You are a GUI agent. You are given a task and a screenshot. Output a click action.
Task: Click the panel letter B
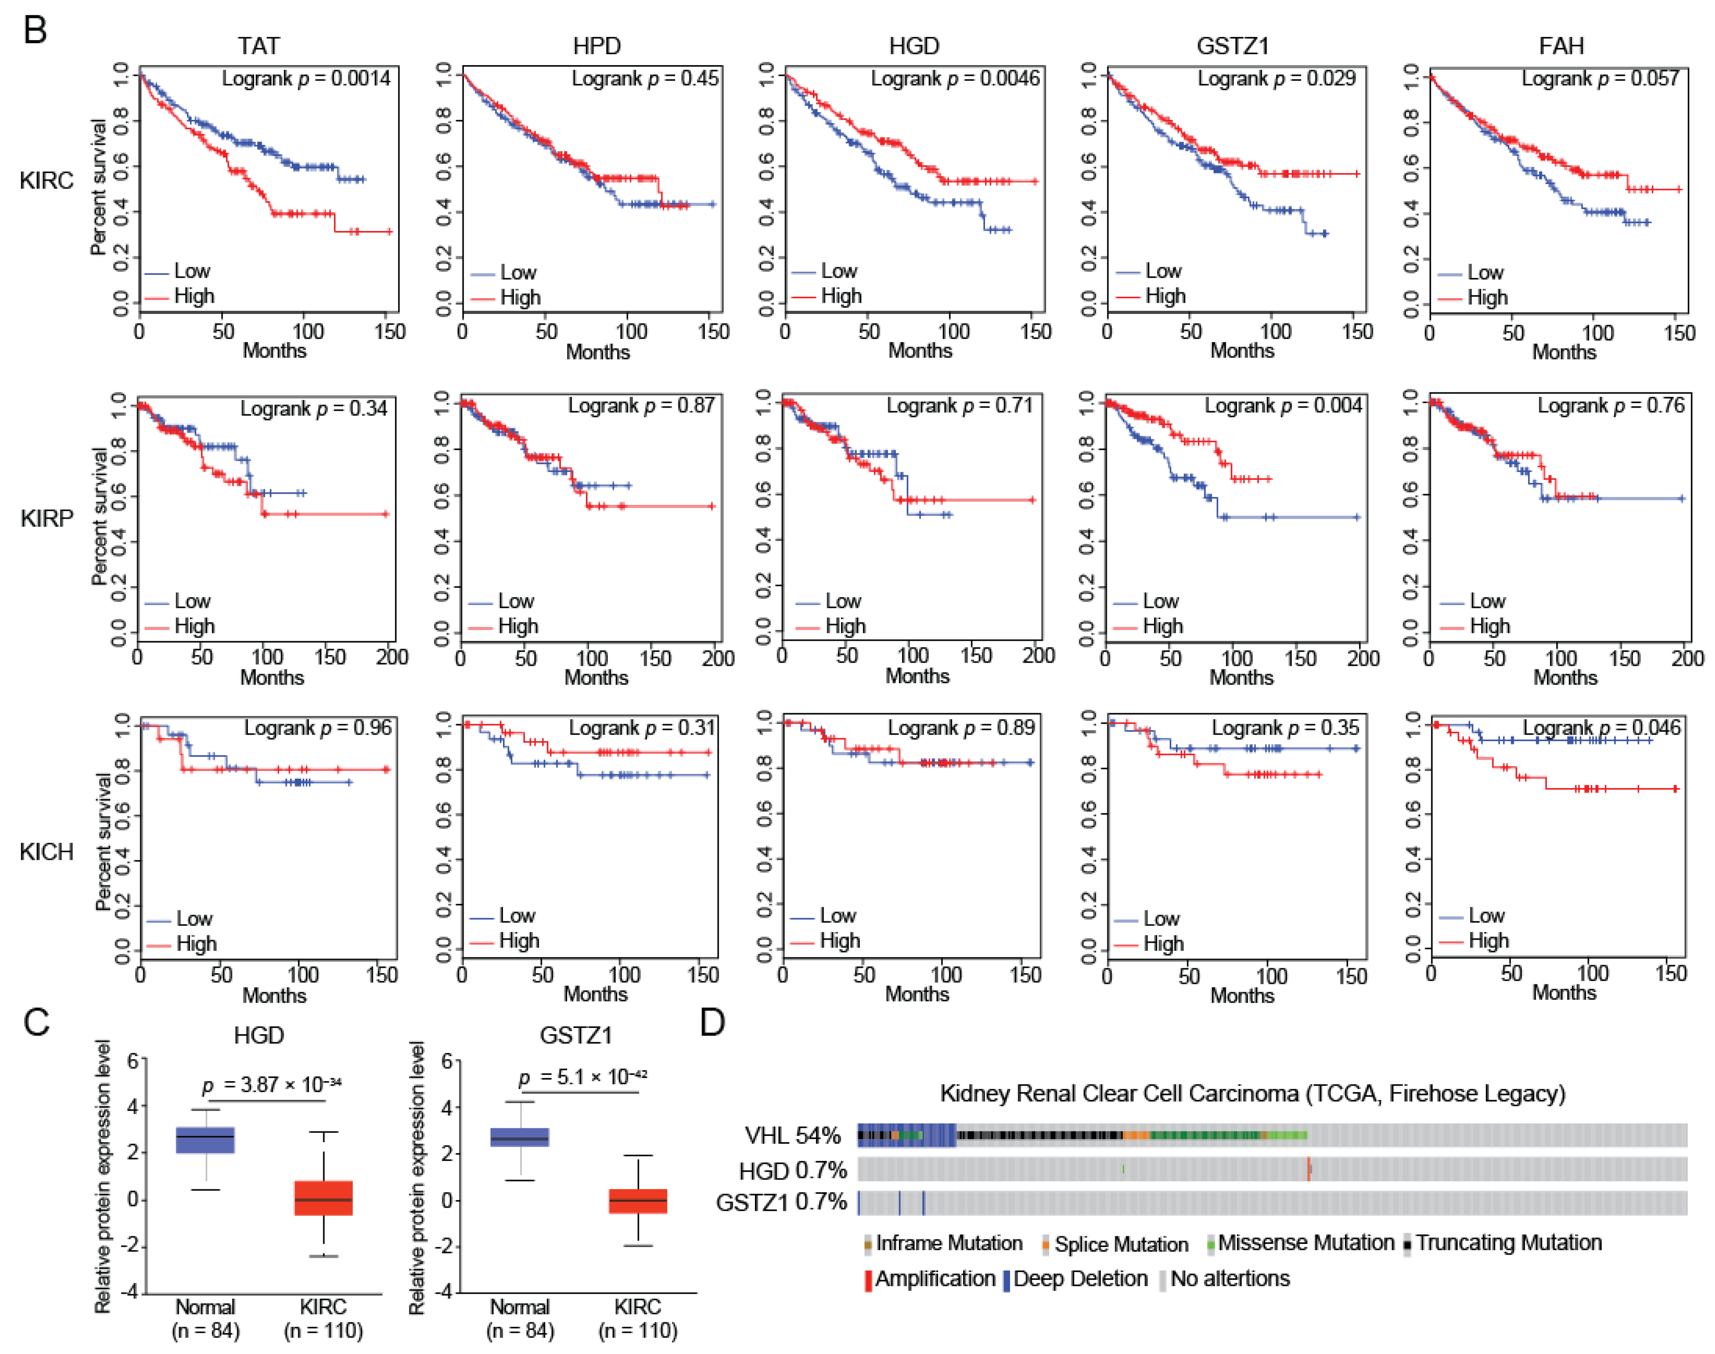[x=35, y=30]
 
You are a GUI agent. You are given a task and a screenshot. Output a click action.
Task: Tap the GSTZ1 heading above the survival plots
[x=1233, y=46]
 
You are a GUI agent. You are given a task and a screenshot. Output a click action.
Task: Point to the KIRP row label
[x=47, y=518]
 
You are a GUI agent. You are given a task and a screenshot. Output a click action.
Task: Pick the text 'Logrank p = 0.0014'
[x=306, y=78]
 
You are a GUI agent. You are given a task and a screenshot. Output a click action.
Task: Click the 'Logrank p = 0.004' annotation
[x=1282, y=406]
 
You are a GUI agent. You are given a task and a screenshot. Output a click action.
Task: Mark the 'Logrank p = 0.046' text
[x=1601, y=728]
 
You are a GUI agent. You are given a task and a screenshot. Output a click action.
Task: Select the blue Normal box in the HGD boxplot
[x=205, y=1140]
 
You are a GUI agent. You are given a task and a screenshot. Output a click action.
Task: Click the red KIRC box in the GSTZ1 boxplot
[x=638, y=1201]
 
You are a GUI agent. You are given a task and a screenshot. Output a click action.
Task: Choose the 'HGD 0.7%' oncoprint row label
[x=792, y=1170]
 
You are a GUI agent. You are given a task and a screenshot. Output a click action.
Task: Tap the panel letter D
[x=713, y=1023]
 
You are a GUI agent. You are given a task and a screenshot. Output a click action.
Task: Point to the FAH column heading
[x=1560, y=46]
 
